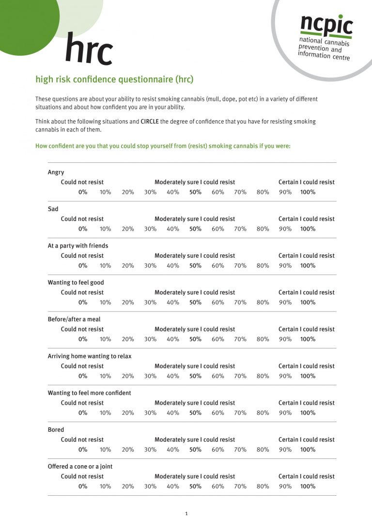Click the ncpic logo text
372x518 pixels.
326,25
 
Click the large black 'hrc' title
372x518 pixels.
89,49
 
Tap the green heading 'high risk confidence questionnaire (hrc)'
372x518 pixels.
114,79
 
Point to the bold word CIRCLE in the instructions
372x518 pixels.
149,122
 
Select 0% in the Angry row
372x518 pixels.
83,192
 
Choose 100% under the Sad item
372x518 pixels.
308,229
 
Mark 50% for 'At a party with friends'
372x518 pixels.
195,266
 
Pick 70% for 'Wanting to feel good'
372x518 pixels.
240,302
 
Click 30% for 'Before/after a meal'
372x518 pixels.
150,339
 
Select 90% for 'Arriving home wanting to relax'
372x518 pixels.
285,376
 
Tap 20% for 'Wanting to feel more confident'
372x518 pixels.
128,413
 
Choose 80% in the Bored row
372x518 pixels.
263,450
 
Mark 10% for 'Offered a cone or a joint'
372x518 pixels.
105,487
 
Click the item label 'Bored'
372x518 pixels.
56,430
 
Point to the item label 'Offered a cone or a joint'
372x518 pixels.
80,467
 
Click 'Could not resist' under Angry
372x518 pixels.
82,182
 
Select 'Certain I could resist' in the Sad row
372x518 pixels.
306,219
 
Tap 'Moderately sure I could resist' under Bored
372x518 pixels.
194,440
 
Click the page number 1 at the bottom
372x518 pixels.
186,514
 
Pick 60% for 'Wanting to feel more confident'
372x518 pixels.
218,413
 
